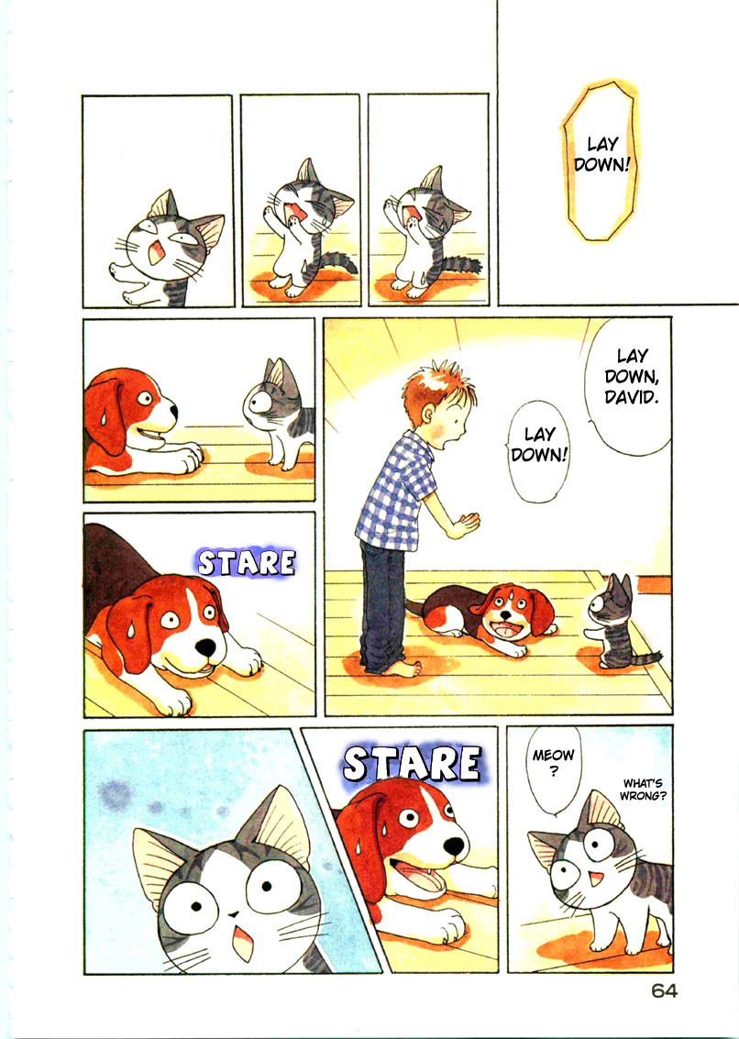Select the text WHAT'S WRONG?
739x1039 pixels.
pyautogui.click(x=645, y=790)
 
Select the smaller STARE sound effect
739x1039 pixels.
pyautogui.click(x=247, y=562)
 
